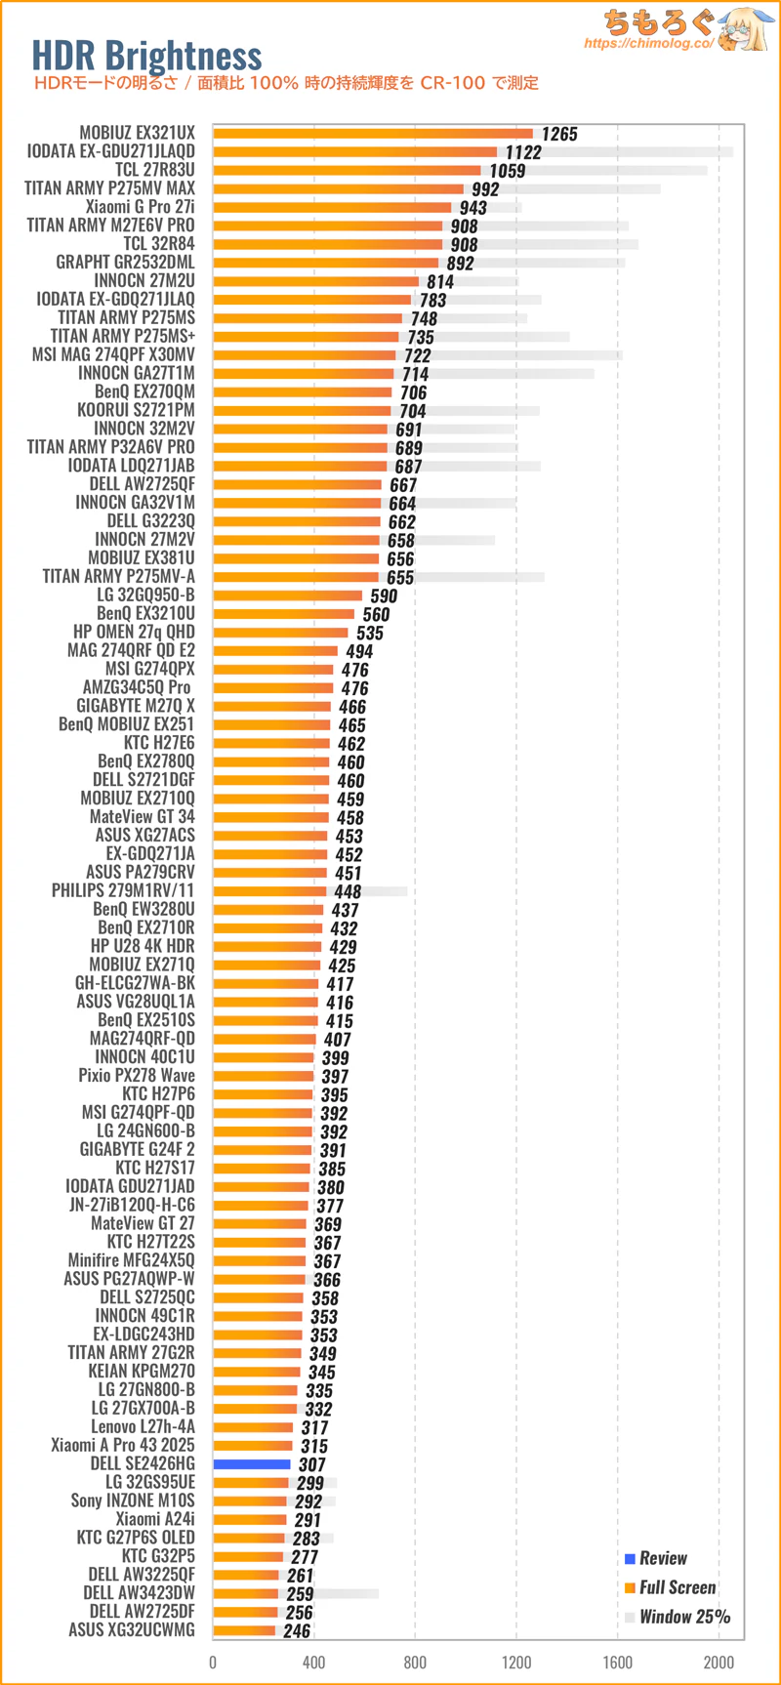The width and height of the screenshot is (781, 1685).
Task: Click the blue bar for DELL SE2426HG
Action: coord(252,1464)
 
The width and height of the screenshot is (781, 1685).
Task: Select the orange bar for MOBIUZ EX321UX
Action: coord(373,134)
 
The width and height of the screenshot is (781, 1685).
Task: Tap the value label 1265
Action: coord(559,135)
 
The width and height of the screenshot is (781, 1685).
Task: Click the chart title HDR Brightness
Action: coord(146,56)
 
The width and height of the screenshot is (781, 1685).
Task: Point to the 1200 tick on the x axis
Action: coord(516,1663)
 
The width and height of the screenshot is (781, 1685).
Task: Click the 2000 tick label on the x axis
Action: coord(719,1663)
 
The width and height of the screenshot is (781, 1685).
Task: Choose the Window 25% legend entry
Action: coord(683,1617)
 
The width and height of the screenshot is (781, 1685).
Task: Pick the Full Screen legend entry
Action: coord(677,1587)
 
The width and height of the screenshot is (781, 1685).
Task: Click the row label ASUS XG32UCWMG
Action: coord(132,1630)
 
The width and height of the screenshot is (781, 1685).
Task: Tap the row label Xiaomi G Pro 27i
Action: coord(140,207)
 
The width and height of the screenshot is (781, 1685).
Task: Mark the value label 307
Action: coord(312,1464)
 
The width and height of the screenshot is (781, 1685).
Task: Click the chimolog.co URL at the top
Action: coord(648,44)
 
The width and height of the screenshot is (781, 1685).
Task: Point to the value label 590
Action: coord(384,596)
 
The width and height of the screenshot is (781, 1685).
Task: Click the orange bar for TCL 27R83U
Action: coord(347,171)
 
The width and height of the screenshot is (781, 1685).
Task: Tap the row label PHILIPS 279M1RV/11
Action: coord(123,890)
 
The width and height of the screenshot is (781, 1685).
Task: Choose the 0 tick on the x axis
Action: coord(213,1663)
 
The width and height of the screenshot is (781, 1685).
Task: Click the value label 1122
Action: coord(523,152)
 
